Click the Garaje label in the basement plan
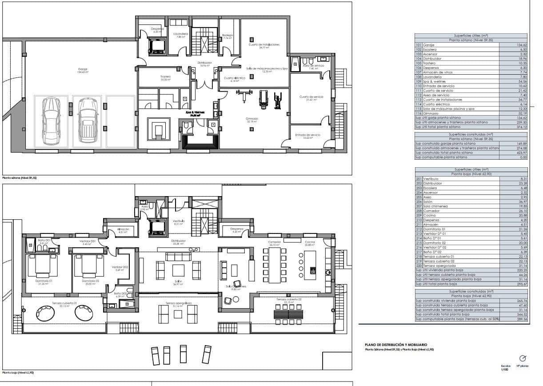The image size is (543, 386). click(83, 69)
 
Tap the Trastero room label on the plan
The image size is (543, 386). click(165, 76)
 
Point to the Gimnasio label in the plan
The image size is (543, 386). click(252, 119)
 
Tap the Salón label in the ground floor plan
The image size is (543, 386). click(178, 282)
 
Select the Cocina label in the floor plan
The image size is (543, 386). click(310, 242)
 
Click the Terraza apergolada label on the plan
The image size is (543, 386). click(178, 303)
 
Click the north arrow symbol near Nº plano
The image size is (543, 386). click(523, 358)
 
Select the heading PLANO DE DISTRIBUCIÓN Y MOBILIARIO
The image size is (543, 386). click(396, 345)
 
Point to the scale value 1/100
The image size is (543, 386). click(503, 370)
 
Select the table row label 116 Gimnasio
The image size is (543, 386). click(427, 113)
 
